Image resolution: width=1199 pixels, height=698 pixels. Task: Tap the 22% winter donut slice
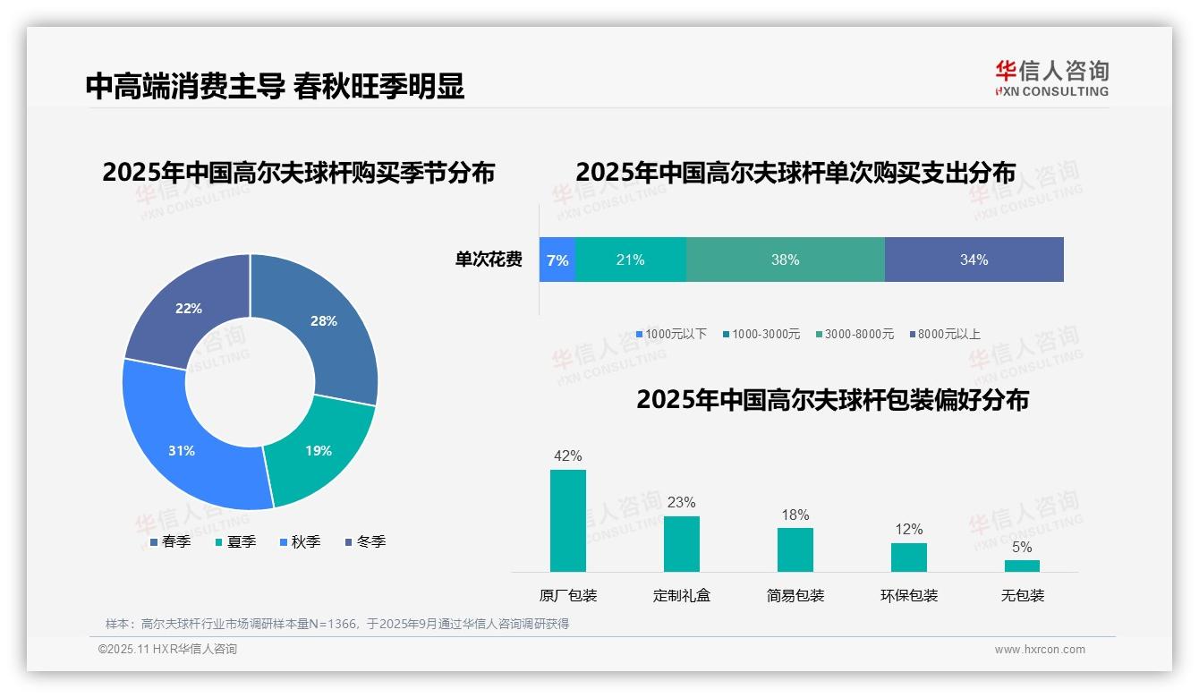pos(189,308)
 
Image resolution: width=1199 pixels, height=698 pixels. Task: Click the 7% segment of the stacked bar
pos(557,260)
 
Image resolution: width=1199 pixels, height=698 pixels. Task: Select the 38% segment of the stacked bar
pos(785,260)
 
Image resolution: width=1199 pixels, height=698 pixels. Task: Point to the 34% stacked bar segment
pos(974,260)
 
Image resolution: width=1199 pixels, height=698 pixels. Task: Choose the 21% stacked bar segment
pos(630,260)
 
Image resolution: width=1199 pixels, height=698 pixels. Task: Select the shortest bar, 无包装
pos(1022,566)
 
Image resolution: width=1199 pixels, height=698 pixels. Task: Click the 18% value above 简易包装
pos(795,515)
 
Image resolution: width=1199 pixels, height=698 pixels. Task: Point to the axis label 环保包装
pos(909,595)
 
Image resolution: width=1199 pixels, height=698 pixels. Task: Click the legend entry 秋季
pos(300,541)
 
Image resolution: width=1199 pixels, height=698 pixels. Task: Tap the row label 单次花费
pos(489,260)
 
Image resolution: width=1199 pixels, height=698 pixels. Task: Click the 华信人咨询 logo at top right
pos(1051,78)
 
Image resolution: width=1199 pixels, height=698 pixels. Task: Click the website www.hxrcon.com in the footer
pos(1040,650)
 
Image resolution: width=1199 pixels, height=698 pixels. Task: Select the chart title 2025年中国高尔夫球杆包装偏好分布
pos(832,399)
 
